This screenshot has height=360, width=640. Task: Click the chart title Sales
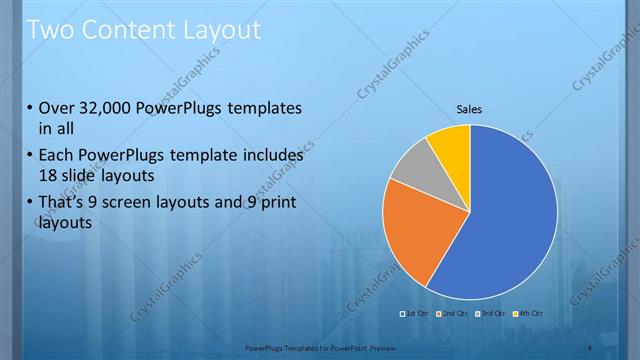(x=470, y=108)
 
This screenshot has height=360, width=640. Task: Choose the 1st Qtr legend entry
(x=416, y=314)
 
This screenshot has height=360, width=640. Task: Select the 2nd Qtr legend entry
(x=453, y=314)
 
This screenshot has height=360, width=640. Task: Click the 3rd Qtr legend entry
(x=489, y=314)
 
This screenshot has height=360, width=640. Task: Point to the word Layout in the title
(x=221, y=30)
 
